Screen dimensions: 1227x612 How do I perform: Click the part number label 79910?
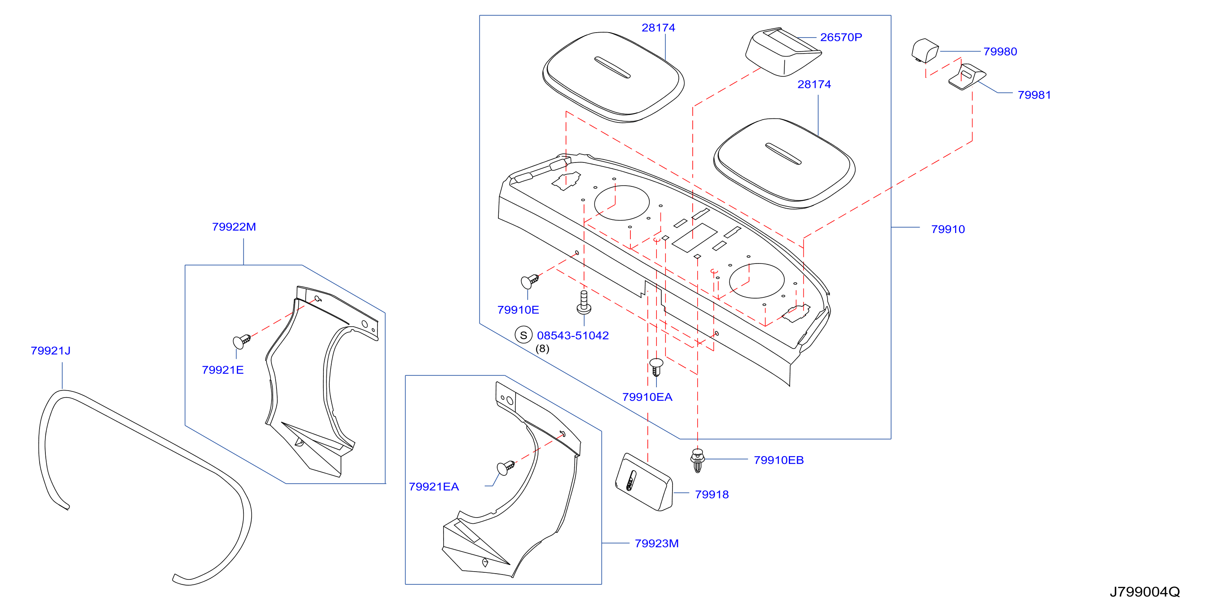948,229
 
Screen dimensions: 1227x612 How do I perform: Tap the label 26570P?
841,37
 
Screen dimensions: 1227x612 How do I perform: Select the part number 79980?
1000,52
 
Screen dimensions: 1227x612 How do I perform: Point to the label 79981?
1034,95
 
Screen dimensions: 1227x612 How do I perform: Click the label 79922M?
234,227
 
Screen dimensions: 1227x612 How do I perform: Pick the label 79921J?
50,351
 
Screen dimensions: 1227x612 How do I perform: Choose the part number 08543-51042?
573,335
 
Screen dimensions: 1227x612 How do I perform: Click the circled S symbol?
524,335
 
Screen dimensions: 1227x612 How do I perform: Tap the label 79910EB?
779,460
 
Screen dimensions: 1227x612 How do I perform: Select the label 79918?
712,494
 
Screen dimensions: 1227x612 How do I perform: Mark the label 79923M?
657,544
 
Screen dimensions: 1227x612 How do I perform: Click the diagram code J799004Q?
1145,592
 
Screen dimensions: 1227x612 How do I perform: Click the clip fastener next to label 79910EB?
697,460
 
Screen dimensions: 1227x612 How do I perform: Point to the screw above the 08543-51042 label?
584,302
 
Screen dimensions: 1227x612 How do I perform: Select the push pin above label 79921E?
241,341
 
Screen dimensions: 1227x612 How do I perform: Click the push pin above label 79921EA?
505,468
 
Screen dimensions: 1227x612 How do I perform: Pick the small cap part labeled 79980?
925,50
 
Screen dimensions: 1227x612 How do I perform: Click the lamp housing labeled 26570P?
783,52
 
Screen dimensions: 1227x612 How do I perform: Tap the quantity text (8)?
542,348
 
